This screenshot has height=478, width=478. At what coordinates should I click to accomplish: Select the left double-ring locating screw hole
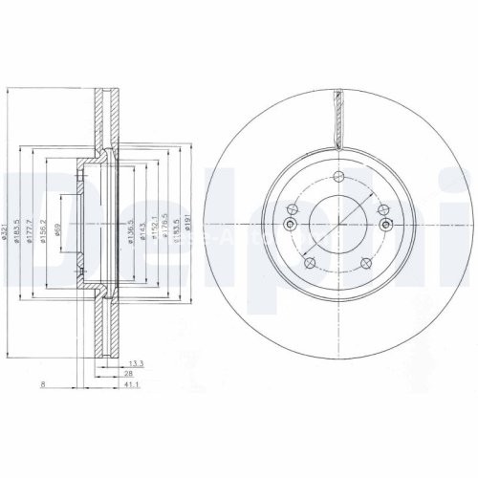(289, 224)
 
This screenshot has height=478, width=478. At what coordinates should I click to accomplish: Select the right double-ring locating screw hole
(384, 224)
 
